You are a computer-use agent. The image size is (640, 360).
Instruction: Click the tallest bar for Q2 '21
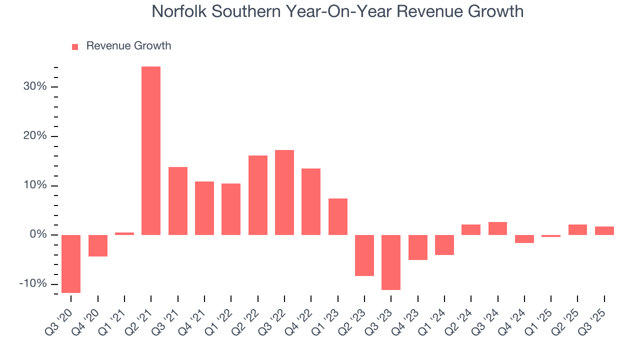point(151,150)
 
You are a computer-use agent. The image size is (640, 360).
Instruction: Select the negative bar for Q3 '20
point(71,263)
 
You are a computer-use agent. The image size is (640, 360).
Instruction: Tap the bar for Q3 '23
point(391,262)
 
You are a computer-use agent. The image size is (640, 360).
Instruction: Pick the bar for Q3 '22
point(284,192)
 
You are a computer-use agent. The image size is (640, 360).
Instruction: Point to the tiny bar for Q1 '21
point(124,233)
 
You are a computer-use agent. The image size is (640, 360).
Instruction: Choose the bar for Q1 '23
point(338,216)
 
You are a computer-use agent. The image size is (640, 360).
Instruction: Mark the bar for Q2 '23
point(364,255)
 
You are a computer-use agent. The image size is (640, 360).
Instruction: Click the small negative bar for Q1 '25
point(551,236)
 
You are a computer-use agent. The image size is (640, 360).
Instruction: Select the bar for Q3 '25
point(604,230)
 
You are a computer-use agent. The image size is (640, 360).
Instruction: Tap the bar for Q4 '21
point(204,208)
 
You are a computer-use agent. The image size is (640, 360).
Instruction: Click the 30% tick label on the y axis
point(34,86)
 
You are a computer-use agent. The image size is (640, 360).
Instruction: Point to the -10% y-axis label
point(33,284)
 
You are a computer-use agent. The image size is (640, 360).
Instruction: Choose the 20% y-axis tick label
point(34,136)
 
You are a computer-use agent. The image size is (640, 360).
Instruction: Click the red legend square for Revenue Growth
point(75,46)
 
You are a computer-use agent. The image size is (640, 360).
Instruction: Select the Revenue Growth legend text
point(128,46)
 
